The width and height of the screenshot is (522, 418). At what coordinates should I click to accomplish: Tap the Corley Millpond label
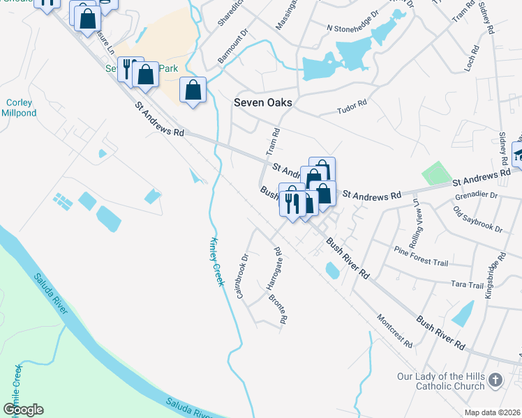click(x=19, y=108)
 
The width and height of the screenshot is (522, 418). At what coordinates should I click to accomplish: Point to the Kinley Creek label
click(x=216, y=261)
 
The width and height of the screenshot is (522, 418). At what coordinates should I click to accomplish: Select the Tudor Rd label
click(x=352, y=107)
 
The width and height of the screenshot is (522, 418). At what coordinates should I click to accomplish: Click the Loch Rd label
click(x=474, y=59)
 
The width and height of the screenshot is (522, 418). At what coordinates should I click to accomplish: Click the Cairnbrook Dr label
click(x=243, y=276)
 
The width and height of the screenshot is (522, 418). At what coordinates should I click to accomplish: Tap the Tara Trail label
click(x=468, y=285)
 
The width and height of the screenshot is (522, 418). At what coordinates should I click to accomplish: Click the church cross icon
click(x=495, y=380)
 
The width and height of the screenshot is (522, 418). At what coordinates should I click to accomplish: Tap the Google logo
click(x=23, y=410)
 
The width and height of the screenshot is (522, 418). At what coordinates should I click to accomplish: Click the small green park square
click(x=437, y=173)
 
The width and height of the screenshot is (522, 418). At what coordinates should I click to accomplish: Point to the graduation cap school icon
click(x=519, y=153)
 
